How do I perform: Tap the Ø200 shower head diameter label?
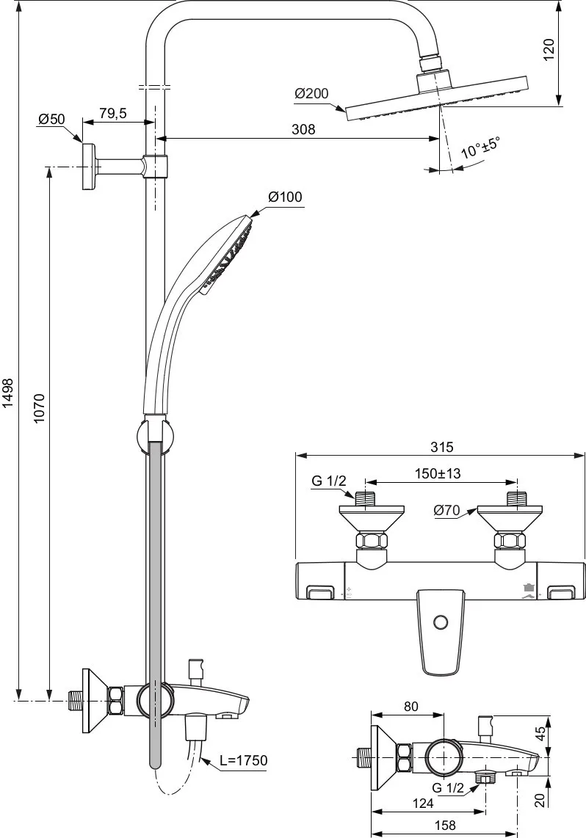coord(311,93)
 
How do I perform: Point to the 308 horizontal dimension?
coord(303,129)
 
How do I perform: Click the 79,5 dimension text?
coord(113,113)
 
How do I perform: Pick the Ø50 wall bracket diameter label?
coord(51,119)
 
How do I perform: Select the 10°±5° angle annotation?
coord(480,147)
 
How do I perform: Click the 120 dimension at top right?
coord(549,50)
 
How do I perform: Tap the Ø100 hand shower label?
coord(285,197)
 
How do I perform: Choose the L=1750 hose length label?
coord(243,759)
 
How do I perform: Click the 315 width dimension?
coord(441,447)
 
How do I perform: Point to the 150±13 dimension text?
coord(438,473)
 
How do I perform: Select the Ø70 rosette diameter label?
coord(446,511)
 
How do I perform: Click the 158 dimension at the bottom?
coord(445,826)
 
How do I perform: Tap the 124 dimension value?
coord(424,803)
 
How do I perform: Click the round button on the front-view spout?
coord(441,622)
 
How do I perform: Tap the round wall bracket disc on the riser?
coord(89,167)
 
